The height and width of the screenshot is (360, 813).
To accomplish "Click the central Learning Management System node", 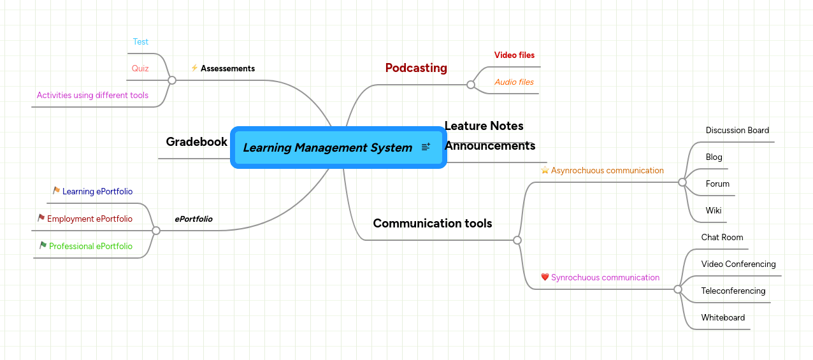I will click(x=327, y=148).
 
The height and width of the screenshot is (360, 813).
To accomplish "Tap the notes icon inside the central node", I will click(x=426, y=147).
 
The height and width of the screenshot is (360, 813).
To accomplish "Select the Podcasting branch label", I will click(x=416, y=68).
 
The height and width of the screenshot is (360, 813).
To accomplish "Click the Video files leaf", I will click(x=514, y=55).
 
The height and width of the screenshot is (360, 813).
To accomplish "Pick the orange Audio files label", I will click(x=514, y=82).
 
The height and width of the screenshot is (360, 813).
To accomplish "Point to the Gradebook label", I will click(x=196, y=141).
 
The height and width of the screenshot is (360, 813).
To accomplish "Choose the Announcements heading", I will click(x=489, y=146).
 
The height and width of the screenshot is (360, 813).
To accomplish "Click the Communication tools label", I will click(x=432, y=223).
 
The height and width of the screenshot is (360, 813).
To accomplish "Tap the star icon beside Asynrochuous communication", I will click(x=545, y=170).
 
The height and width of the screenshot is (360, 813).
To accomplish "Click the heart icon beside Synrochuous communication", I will click(x=545, y=277).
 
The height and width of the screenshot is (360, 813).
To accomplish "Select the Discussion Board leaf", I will click(x=737, y=131).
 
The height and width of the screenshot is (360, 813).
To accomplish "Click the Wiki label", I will click(x=714, y=211).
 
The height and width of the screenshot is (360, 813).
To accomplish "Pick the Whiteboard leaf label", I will click(x=723, y=318).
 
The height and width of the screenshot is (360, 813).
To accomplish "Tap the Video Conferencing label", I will click(x=738, y=264).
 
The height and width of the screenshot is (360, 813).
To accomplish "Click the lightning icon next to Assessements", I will click(x=194, y=68).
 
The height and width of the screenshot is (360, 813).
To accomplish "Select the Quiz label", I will click(x=140, y=69).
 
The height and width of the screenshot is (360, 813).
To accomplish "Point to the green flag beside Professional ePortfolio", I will click(x=43, y=245).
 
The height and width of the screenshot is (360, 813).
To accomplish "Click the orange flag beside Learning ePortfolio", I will click(x=56, y=191).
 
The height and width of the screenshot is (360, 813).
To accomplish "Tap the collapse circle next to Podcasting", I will click(x=471, y=85).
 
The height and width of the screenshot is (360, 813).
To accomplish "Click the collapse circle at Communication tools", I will click(x=517, y=240).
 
